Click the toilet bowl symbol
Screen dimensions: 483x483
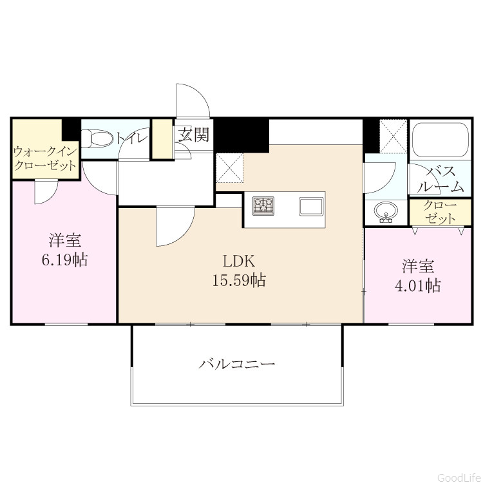[97, 138]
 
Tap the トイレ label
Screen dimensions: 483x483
[131, 138]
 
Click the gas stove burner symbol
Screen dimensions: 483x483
[263, 205]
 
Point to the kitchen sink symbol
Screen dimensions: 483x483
[311, 207]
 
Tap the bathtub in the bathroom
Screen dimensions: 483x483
[440, 140]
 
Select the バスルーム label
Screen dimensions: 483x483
[440, 179]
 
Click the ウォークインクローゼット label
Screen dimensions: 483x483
[45, 158]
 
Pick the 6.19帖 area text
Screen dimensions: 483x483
[64, 260]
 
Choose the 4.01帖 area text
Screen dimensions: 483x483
[418, 286]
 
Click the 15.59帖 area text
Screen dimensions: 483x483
[239, 281]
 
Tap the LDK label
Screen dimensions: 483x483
[239, 262]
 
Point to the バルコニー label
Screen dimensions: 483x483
[236, 365]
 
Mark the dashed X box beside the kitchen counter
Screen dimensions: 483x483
[230, 169]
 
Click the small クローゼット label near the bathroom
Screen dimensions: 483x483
[440, 213]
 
